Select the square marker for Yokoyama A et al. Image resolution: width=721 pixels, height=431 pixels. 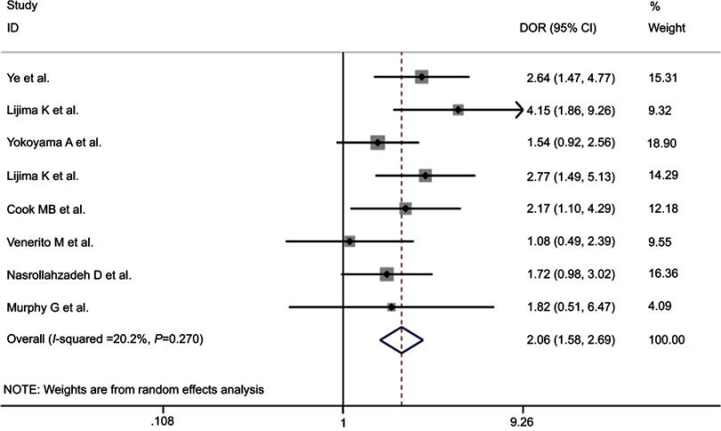[377, 142]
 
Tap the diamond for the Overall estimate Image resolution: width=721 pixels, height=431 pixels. [401, 339]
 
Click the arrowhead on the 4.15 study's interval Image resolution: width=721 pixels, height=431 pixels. [518, 110]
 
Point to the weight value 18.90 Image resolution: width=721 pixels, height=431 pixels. [666, 142]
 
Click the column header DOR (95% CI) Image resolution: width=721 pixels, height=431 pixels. [557, 28]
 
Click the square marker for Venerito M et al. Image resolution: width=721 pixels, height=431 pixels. [349, 241]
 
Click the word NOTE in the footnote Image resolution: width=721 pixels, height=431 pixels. [23, 390]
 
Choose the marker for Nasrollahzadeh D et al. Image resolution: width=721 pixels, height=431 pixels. [385, 274]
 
